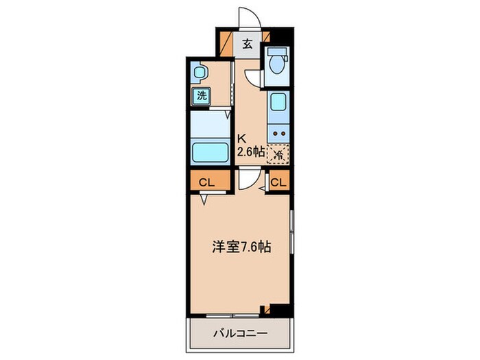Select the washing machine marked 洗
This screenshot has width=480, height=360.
click(201, 96)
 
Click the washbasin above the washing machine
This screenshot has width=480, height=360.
click(200, 71)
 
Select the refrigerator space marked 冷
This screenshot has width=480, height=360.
click(278, 154)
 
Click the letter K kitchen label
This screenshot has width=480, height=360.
click(241, 136)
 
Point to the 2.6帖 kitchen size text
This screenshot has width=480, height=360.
click(250, 153)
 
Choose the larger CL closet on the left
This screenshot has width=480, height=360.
click(206, 182)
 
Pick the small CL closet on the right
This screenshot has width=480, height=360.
click(278, 182)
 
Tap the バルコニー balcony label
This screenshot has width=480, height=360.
click(238, 334)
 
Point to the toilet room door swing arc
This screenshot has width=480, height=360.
click(255, 77)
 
